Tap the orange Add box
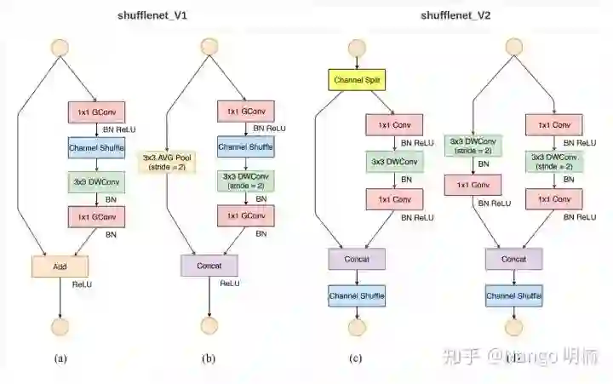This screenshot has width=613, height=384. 60,266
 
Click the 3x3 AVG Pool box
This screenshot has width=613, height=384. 169,161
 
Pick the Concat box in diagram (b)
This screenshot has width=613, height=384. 209,266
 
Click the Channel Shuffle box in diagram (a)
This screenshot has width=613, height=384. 96,147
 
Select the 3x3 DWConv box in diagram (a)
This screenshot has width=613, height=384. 96,181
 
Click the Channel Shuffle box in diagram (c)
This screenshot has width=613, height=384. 357,295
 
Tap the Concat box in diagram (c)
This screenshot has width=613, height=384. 357,258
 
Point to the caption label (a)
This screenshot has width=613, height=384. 60,358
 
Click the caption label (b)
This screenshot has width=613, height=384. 209,358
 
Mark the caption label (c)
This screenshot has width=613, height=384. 357,358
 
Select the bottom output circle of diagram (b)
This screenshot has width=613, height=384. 209,325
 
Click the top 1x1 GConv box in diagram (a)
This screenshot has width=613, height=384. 96,112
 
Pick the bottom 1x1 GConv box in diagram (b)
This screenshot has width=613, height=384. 244,216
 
